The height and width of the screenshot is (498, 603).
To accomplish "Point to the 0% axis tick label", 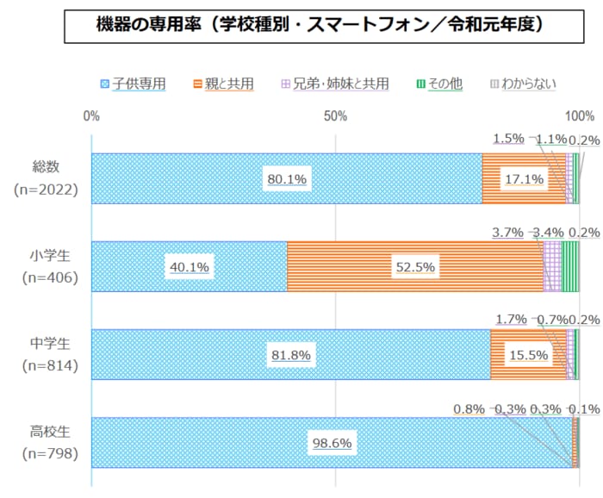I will tap(91, 115).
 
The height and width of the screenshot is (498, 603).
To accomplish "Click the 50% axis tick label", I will tap(335, 115).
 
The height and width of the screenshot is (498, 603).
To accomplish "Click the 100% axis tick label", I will tap(579, 115).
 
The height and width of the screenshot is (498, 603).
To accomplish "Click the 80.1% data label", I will tap(287, 179).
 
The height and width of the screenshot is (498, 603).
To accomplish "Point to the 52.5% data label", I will tap(414, 267).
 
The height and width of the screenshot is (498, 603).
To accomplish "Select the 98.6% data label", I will tap(332, 443).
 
